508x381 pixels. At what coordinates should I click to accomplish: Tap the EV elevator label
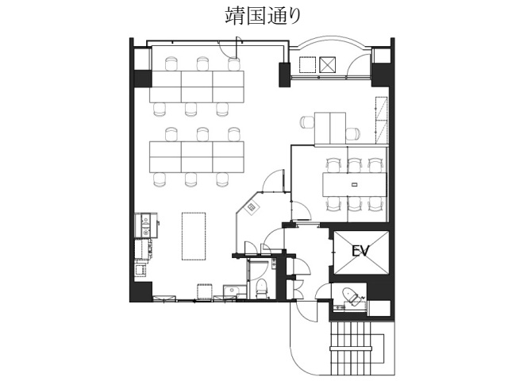[362, 251]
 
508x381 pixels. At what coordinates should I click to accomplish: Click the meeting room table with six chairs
[352, 184]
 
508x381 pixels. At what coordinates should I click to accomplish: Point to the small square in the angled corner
[252, 207]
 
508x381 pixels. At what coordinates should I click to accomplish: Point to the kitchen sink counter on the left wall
[144, 226]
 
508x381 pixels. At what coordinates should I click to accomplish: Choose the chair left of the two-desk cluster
[307, 122]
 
